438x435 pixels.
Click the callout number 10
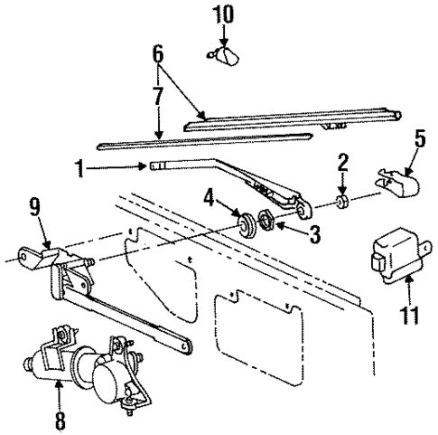tap(222, 17)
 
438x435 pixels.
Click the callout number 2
tap(343, 163)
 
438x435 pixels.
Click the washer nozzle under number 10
tap(223, 57)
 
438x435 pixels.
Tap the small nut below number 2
tap(343, 199)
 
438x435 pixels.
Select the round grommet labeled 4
tap(243, 222)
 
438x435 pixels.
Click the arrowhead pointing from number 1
tap(146, 165)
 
